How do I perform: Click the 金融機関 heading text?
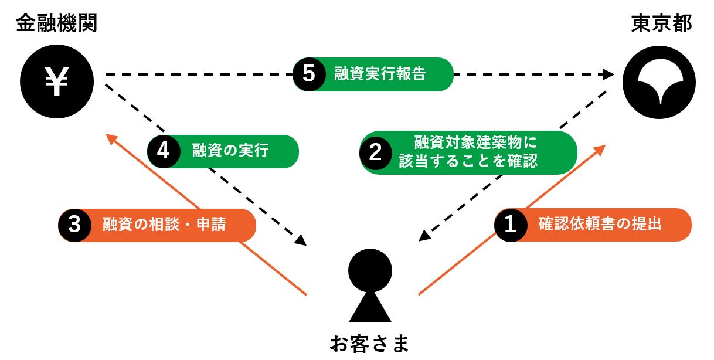click(x=56, y=23)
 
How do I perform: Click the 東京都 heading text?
click(x=662, y=23)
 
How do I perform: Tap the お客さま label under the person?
click(x=369, y=343)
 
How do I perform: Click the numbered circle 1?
click(x=510, y=225)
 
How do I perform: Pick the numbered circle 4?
click(x=163, y=151)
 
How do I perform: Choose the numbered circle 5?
click(x=309, y=74)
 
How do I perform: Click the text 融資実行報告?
click(x=380, y=74)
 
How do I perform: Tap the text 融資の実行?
click(x=230, y=151)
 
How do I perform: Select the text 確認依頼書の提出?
click(x=600, y=225)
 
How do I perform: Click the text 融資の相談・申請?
click(x=164, y=225)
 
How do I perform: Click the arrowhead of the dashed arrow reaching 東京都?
click(x=608, y=74)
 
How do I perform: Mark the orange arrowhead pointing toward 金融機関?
click(x=111, y=138)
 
